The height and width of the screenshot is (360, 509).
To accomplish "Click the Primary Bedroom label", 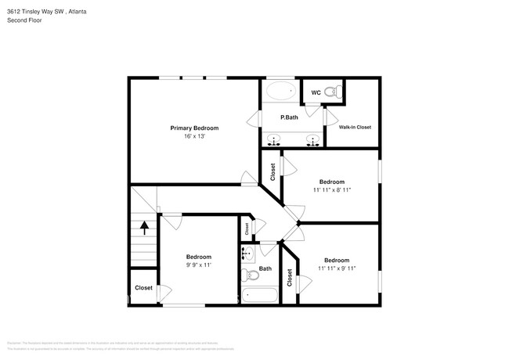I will point(194,128).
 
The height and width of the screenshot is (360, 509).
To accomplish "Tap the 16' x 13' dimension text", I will point(194,136).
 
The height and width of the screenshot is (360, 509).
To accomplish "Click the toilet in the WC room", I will point(332,93).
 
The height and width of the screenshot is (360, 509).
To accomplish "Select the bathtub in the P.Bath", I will point(280,92).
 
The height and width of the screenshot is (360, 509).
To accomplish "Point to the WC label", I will point(316,93).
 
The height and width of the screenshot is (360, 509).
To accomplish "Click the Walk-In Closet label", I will point(355,127).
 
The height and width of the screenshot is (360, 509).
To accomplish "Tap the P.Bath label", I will point(290,117).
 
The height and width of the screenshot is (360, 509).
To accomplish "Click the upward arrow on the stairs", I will point(145,229).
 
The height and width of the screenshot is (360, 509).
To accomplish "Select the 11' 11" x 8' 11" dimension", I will point(332,189).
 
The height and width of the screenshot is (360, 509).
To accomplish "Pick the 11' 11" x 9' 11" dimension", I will point(336,268).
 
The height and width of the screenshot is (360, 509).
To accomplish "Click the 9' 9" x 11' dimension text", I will point(198,265).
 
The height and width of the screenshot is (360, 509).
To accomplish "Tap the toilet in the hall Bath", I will point(249,274).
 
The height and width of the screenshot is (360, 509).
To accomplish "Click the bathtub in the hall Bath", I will point(258,295).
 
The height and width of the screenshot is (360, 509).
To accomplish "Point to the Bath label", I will point(265,268).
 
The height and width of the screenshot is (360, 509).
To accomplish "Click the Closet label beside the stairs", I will point(143,288).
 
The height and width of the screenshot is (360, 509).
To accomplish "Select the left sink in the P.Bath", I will point(274,141).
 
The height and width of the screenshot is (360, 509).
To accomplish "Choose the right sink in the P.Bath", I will point(312,141).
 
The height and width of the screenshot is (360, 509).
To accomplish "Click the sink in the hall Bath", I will point(248,254).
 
